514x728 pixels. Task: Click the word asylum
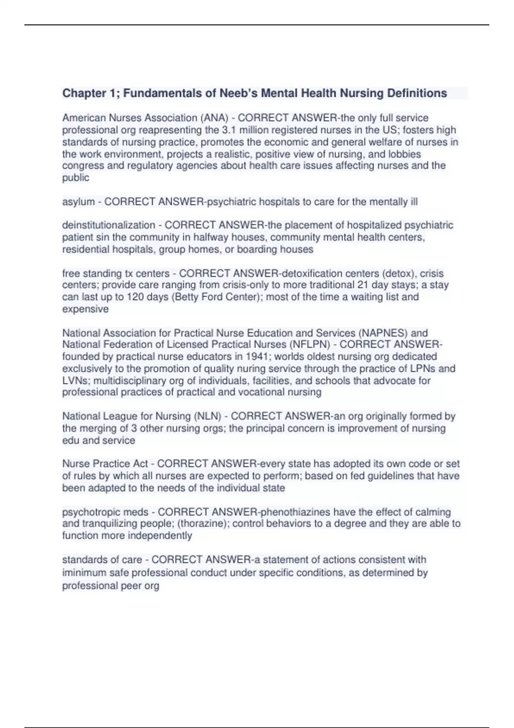click(x=78, y=202)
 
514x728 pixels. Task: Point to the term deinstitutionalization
click(x=108, y=225)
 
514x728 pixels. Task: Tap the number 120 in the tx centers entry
click(x=135, y=297)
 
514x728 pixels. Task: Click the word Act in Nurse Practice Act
click(x=139, y=464)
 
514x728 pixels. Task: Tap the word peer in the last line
click(x=131, y=586)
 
